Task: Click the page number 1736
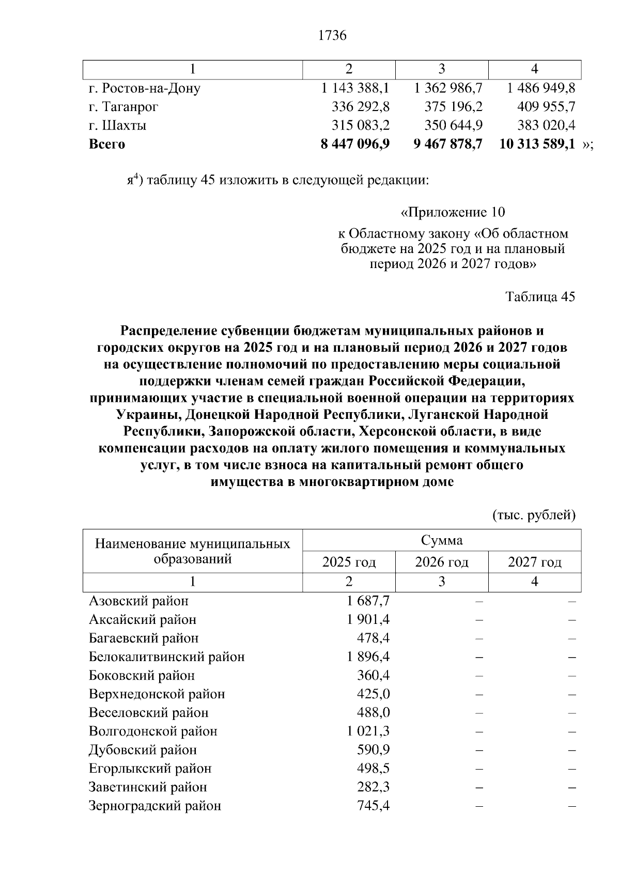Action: [x=332, y=36]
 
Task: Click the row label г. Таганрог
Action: [x=123, y=107]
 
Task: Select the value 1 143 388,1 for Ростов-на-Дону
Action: [x=355, y=88]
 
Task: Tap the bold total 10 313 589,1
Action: [x=537, y=144]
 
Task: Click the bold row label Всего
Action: [x=107, y=144]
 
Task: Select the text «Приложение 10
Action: [x=453, y=212]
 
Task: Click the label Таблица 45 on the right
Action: [x=540, y=297]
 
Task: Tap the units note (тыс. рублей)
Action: [x=534, y=515]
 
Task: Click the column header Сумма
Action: [x=442, y=540]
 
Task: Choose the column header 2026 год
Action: [x=442, y=562]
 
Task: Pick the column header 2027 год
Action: [x=534, y=562]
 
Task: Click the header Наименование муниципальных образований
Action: [x=193, y=551]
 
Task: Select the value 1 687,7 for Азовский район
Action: [x=368, y=601]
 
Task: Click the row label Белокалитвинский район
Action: [x=167, y=657]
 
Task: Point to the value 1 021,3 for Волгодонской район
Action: [x=368, y=731]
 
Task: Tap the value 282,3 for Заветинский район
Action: [x=373, y=787]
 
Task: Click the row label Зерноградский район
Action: [x=155, y=806]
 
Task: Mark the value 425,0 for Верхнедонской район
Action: [x=373, y=694]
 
